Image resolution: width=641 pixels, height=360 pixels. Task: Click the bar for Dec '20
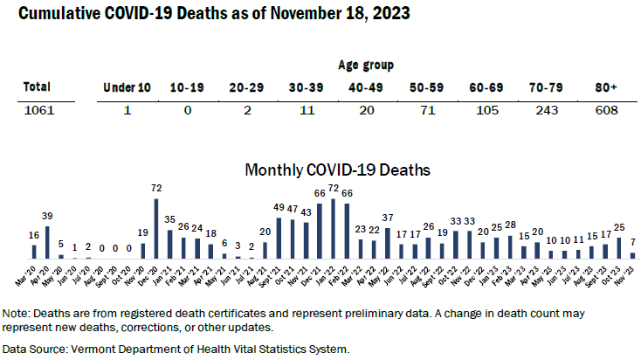pyautogui.click(x=155, y=229)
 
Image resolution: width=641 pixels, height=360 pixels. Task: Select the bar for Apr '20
pyautogui.click(x=47, y=242)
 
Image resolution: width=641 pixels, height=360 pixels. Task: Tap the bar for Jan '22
pyautogui.click(x=333, y=229)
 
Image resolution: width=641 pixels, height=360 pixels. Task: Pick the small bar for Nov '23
pyautogui.click(x=632, y=256)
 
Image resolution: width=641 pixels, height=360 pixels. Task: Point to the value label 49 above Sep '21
pyautogui.click(x=279, y=207)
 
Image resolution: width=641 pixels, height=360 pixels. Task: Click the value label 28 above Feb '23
pyautogui.click(x=510, y=225)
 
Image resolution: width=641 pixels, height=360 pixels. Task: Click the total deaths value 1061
pyautogui.click(x=38, y=111)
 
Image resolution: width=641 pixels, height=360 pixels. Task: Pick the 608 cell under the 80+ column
pyautogui.click(x=605, y=111)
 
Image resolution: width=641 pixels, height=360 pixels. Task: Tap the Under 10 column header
pyautogui.click(x=128, y=87)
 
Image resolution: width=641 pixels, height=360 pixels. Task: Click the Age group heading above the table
pyautogui.click(x=365, y=65)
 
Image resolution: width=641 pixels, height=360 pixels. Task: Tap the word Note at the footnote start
pyautogui.click(x=17, y=312)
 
